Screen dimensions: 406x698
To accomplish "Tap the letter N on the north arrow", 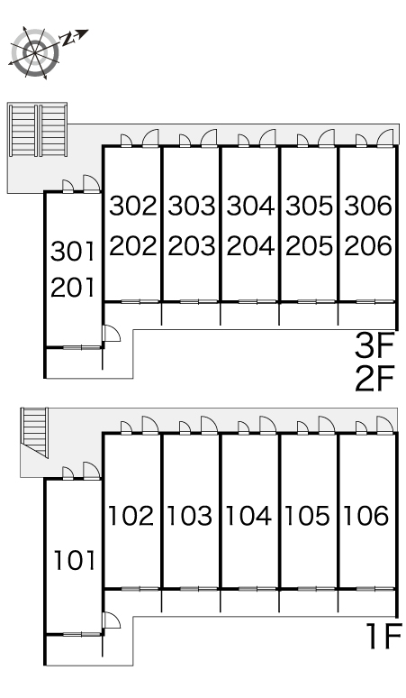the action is tap(67, 39).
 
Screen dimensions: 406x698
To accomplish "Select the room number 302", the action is tap(133, 206).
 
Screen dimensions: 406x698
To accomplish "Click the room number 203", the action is tap(192, 245).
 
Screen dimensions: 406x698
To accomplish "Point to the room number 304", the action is tap(250, 206).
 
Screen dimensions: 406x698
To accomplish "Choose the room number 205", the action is tap(309, 245).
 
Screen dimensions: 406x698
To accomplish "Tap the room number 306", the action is tap(368, 206).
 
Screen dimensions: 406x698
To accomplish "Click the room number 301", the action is tap(73, 251).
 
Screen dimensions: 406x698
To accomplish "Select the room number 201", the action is tap(73, 287).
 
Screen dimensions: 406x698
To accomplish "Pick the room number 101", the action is tap(75, 560).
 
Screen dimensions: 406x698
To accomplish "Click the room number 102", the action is tap(131, 516).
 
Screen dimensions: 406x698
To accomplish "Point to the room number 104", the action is tap(248, 516).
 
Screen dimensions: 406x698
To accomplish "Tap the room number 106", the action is tap(366, 516).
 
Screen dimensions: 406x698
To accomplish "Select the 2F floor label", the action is tap(374, 379).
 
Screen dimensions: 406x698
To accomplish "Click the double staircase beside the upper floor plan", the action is tap(37, 130).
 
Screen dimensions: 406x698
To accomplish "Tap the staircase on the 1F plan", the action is tap(34, 431).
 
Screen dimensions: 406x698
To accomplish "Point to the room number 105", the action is tap(307, 516).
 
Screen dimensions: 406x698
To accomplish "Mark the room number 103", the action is tap(190, 516).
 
